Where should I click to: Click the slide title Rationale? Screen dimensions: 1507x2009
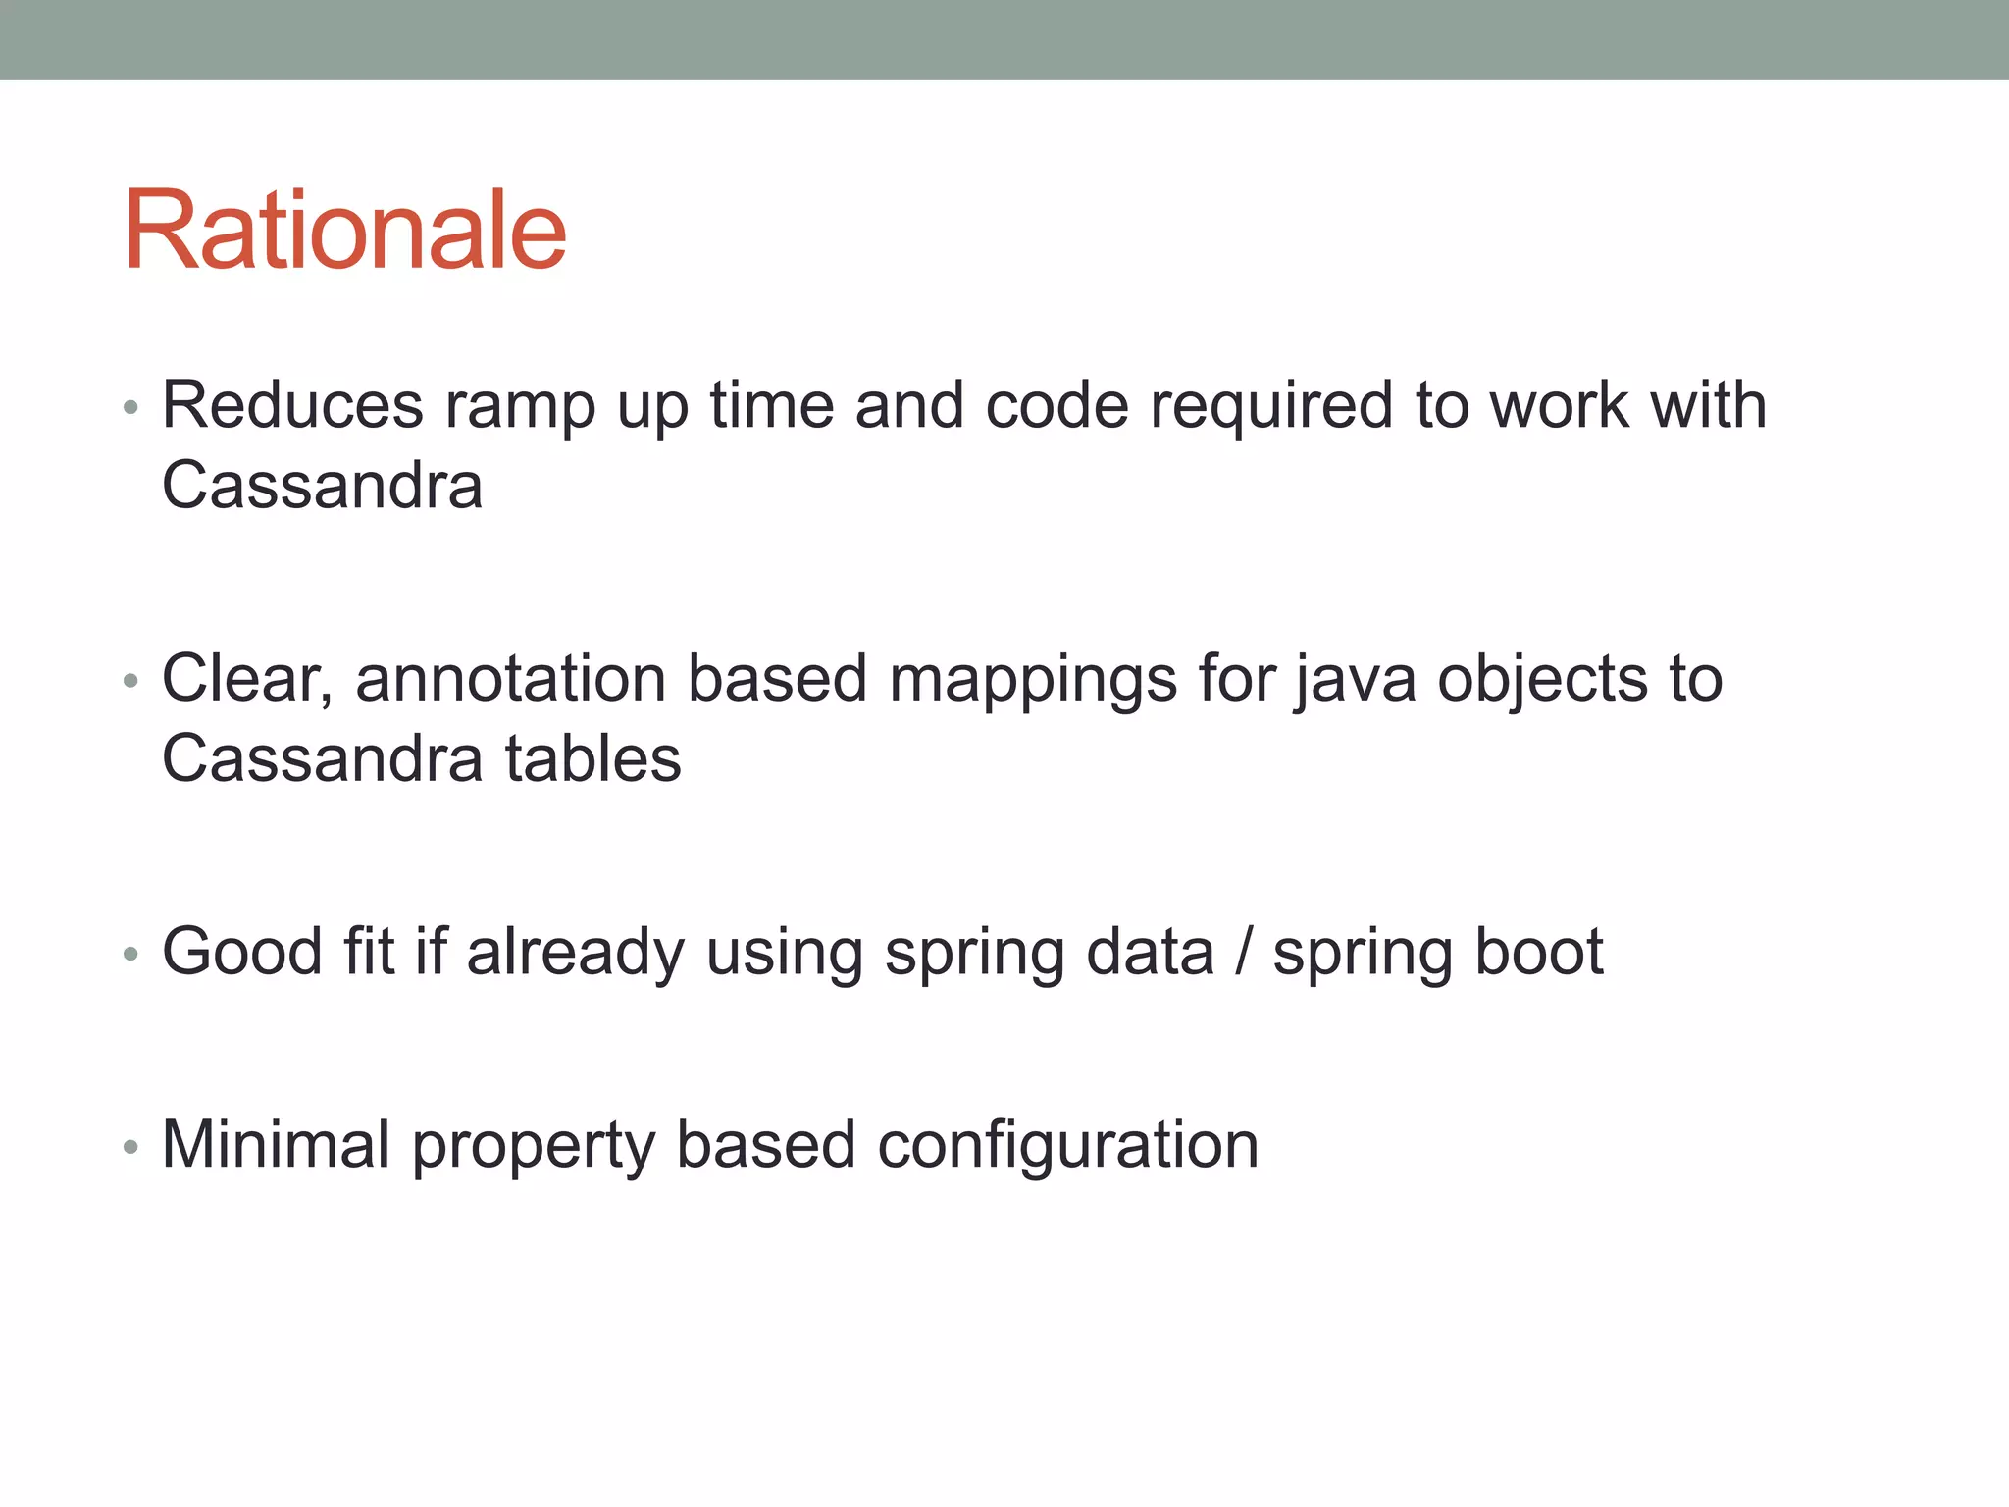(345, 232)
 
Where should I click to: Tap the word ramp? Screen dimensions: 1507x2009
(520, 407)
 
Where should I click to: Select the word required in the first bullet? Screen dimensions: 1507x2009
(1270, 407)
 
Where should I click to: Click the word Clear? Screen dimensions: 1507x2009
(246, 679)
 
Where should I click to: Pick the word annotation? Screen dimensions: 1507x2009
(509, 679)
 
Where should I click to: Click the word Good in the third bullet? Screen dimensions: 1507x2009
(242, 952)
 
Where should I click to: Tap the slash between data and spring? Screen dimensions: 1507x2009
(1244, 952)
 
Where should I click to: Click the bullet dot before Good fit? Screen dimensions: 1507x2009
(130, 954)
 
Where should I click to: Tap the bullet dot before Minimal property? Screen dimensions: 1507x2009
(130, 1146)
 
